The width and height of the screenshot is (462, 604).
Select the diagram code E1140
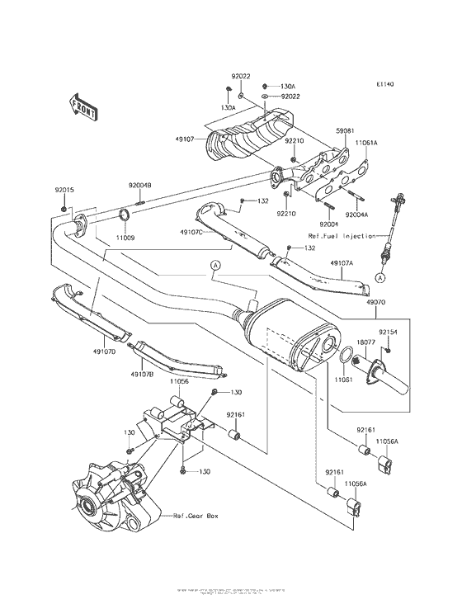(x=386, y=83)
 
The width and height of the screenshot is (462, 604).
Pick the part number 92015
(x=64, y=190)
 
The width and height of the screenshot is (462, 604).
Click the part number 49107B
(x=142, y=373)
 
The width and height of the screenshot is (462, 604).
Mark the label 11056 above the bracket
(x=180, y=382)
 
